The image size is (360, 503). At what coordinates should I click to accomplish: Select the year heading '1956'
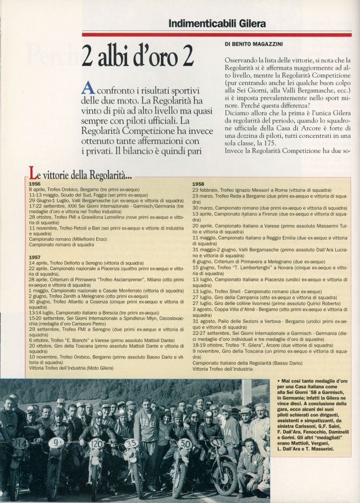[x=35, y=183]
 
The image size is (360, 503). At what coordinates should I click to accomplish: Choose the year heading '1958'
[x=199, y=183]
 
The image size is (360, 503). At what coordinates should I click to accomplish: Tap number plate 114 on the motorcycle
[x=20, y=444]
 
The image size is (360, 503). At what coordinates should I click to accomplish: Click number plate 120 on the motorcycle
[x=96, y=443]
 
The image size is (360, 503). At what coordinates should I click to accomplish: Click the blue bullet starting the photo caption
[x=279, y=382]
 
